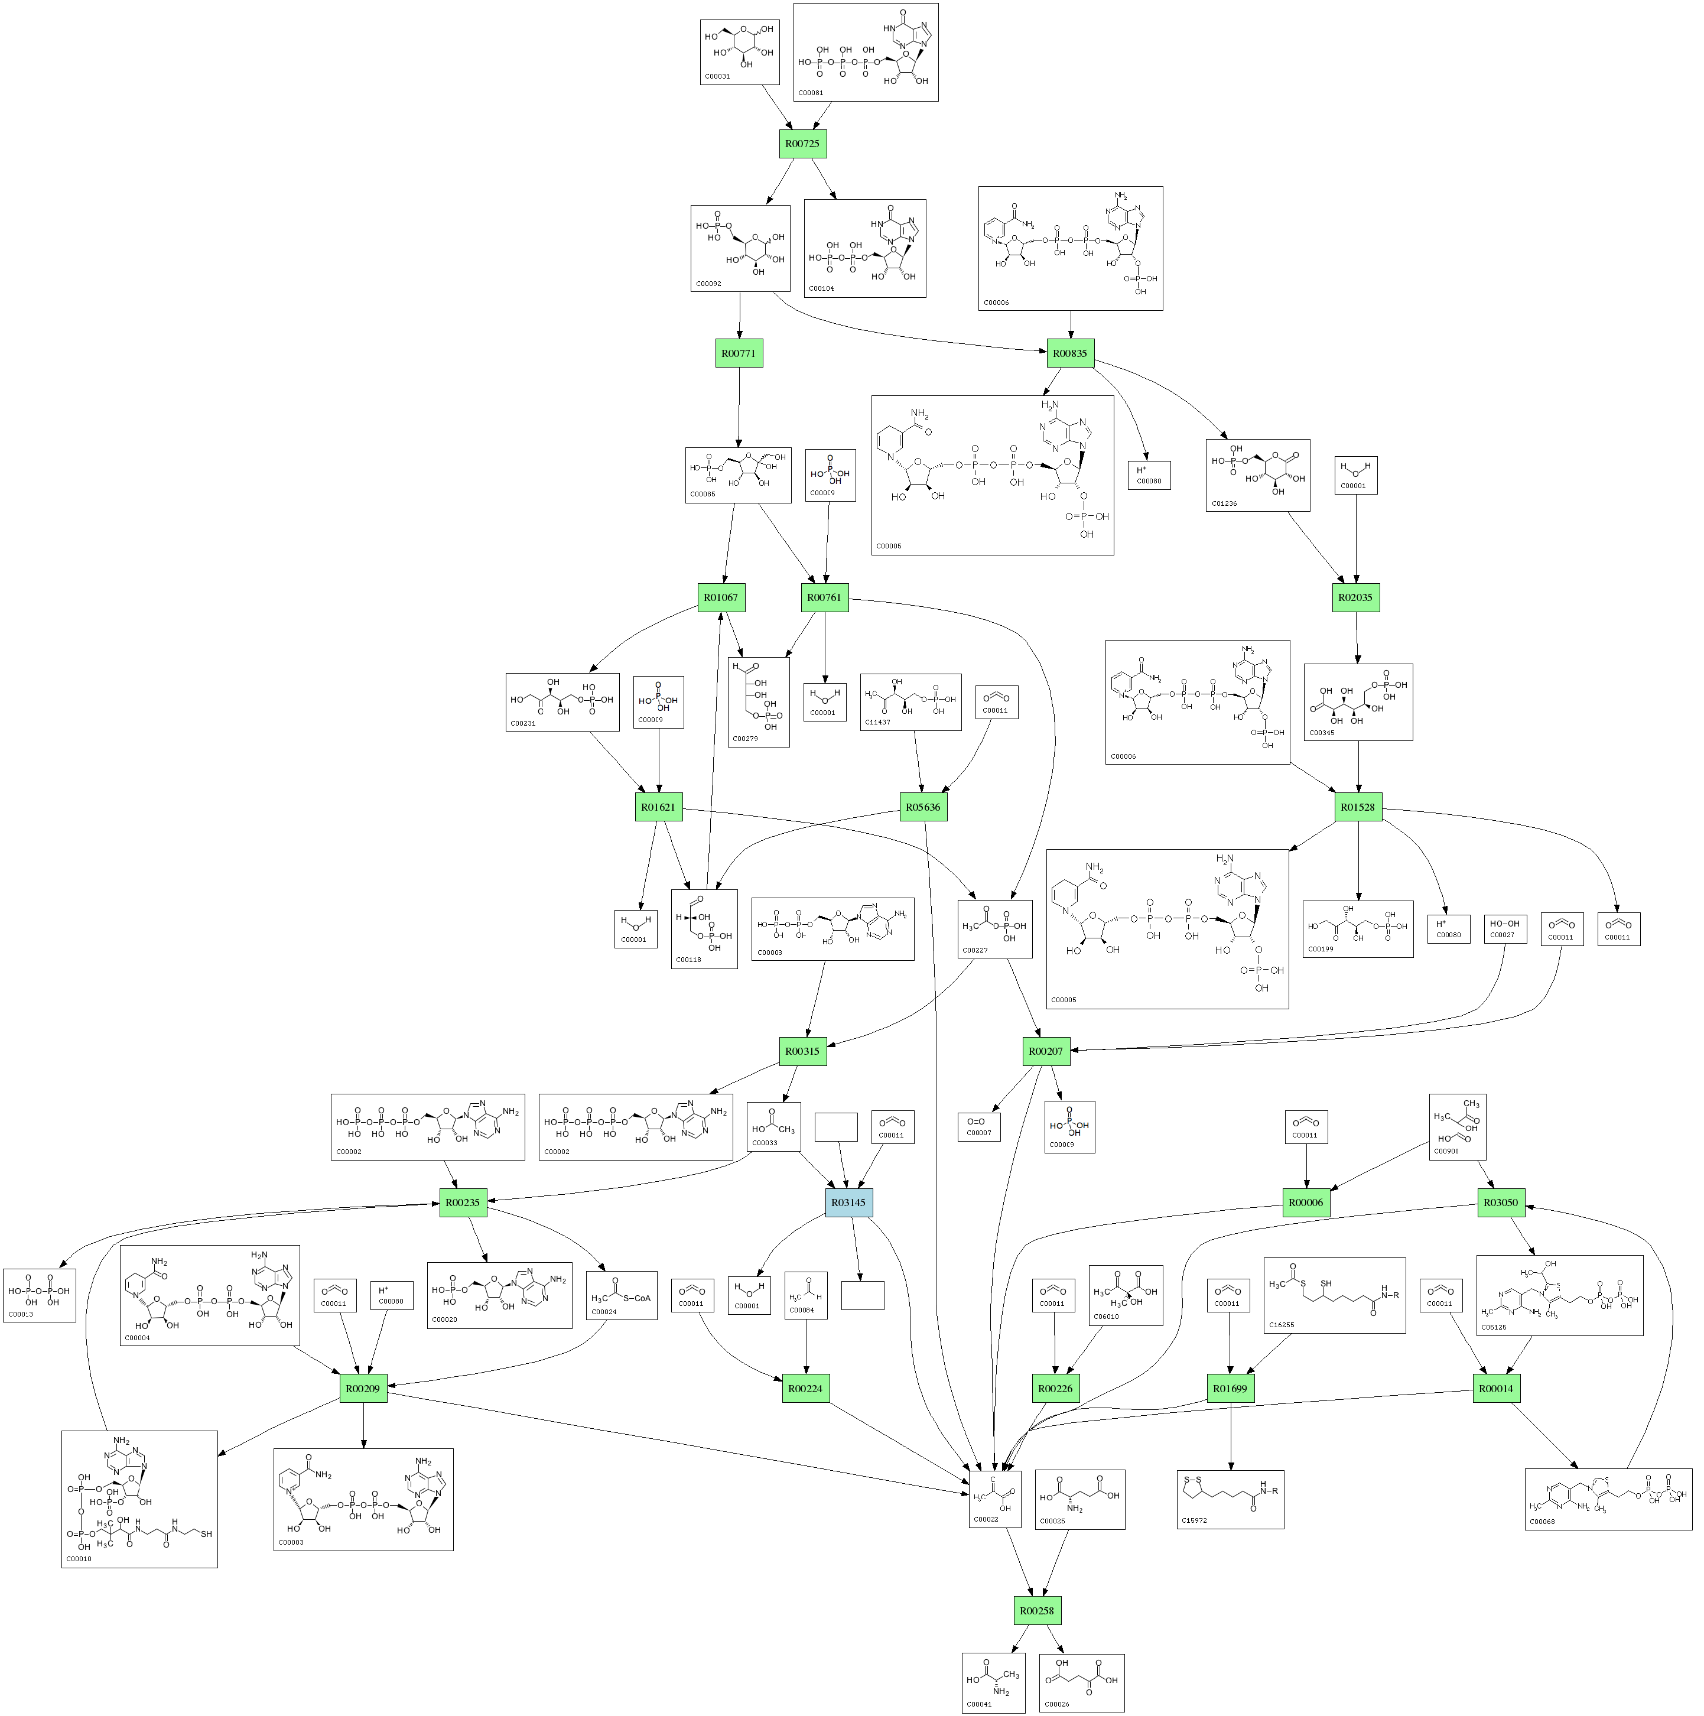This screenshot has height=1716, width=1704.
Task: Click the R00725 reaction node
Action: pyautogui.click(x=803, y=143)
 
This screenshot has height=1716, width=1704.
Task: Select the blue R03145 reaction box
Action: pyautogui.click(x=849, y=1202)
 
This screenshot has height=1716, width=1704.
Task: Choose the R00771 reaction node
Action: pyautogui.click(x=739, y=353)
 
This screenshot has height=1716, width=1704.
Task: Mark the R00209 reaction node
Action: pyautogui.click(x=363, y=1388)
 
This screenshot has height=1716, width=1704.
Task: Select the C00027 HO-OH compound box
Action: pyautogui.click(x=1505, y=929)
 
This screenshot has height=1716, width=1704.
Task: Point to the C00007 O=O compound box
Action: pyautogui.click(x=978, y=1126)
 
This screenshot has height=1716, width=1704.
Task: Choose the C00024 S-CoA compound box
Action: pyautogui.click(x=622, y=1295)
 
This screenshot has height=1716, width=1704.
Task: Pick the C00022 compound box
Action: pyautogui.click(x=994, y=1499)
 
